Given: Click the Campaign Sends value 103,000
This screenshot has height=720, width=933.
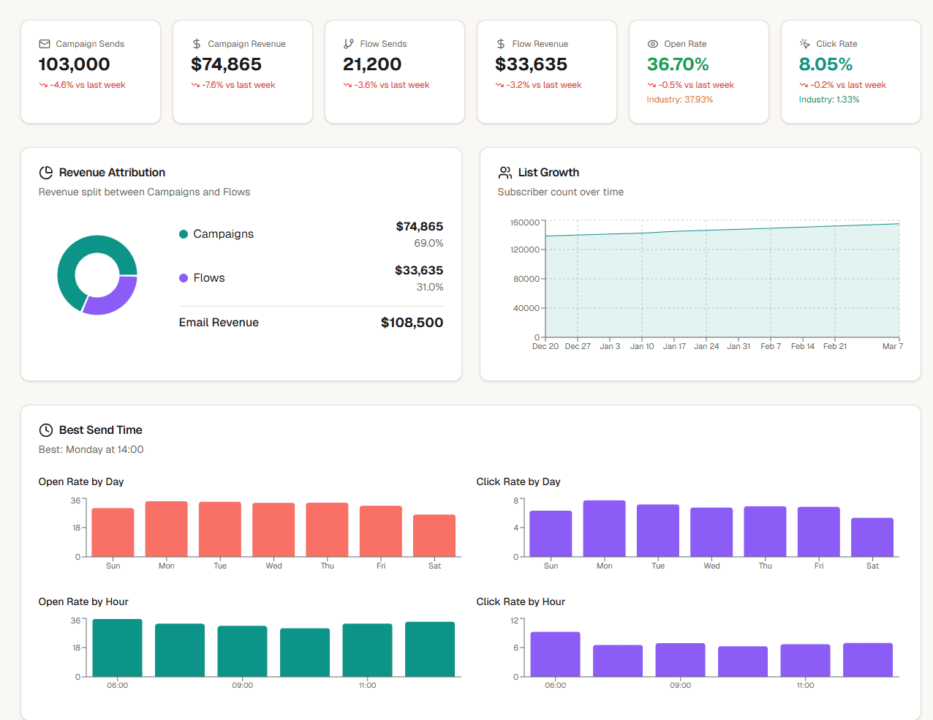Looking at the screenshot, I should tap(74, 64).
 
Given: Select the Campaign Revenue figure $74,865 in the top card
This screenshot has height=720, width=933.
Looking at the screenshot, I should tap(226, 64).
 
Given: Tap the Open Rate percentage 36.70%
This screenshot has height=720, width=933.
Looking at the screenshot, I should tap(677, 64).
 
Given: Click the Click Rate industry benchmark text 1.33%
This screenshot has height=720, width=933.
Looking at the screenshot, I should tap(828, 100).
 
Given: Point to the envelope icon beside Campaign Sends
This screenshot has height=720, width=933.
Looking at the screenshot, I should tap(45, 44).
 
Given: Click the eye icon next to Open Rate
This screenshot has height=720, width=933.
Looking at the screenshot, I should tap(653, 44).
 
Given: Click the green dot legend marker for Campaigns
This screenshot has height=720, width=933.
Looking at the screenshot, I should tap(184, 234).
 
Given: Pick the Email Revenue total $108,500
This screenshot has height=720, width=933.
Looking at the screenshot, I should tap(412, 323).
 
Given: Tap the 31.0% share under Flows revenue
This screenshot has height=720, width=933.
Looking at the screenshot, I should tap(430, 287).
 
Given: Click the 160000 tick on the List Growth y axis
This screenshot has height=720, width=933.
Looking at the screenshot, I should tap(524, 222).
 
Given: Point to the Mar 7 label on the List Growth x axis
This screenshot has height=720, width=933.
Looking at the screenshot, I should tap(892, 346).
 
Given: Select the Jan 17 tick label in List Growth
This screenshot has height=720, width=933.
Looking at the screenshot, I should tap(674, 346).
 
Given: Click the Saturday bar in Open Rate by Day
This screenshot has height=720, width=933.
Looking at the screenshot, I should tap(434, 536).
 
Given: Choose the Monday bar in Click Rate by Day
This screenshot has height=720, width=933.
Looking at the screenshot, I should tap(604, 528).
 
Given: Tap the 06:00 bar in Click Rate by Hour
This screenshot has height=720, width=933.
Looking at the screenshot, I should tap(555, 654).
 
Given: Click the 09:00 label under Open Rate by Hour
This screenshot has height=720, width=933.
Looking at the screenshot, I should tap(242, 686).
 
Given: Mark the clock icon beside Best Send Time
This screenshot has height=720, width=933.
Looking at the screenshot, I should tap(45, 430).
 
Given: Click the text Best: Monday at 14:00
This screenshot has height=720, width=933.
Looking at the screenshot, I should tap(91, 449).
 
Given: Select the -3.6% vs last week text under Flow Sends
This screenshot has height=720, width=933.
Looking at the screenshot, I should tap(391, 85).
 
